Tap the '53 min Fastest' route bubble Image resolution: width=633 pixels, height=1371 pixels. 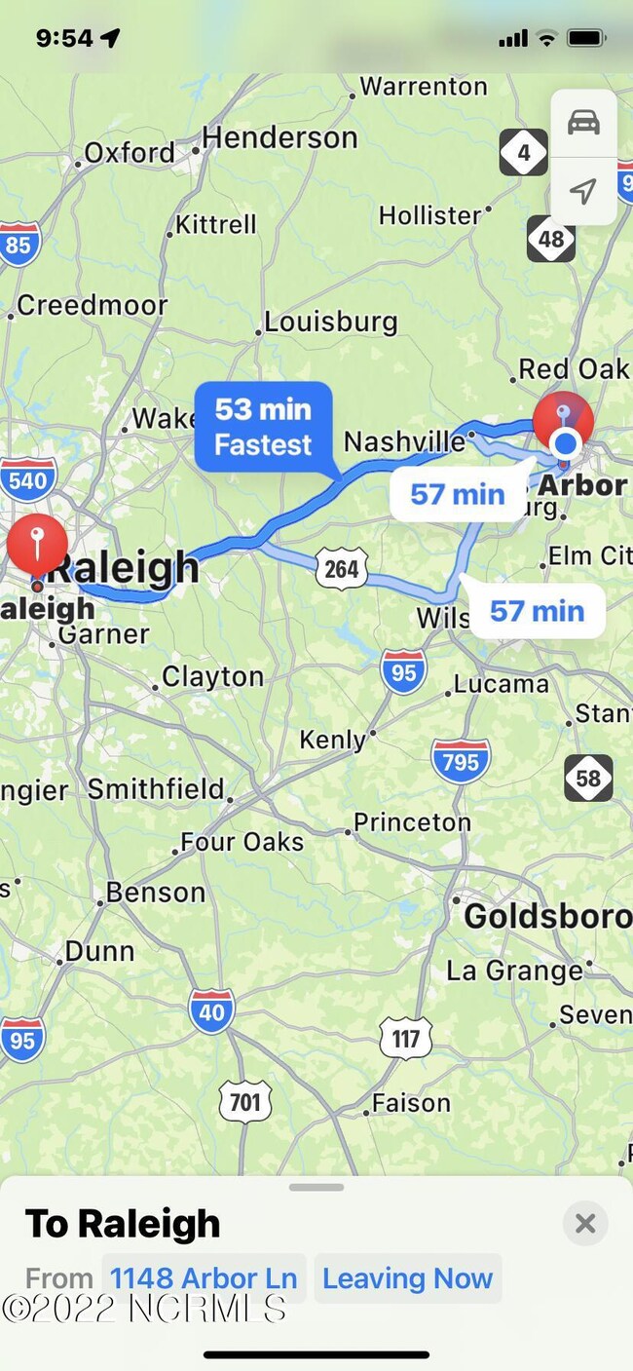click(x=264, y=427)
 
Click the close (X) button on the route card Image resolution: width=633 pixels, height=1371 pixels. click(x=585, y=1223)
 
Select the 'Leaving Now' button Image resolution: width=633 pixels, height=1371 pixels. click(x=407, y=1277)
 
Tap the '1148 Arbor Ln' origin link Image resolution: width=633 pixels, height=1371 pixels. click(x=204, y=1277)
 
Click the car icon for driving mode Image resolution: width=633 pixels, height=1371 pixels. click(x=583, y=123)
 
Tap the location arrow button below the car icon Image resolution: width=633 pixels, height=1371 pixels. click(x=583, y=190)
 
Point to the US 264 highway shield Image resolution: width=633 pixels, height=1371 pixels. click(x=342, y=568)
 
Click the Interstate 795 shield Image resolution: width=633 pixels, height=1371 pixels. click(x=461, y=761)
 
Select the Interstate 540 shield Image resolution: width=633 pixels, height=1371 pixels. click(x=27, y=479)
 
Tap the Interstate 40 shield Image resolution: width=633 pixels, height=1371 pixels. click(x=211, y=1011)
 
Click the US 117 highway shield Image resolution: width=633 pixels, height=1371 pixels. click(x=406, y=1040)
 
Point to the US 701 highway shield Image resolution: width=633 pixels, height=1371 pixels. click(x=245, y=1101)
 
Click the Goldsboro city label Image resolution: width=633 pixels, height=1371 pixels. click(x=547, y=916)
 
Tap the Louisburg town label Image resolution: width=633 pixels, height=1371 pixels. click(x=331, y=322)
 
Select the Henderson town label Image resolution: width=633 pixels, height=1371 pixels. click(x=280, y=138)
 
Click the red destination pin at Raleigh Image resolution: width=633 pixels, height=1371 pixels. click(x=37, y=547)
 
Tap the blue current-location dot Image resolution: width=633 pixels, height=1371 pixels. click(x=565, y=445)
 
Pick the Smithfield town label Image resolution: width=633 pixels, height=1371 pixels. click(x=157, y=788)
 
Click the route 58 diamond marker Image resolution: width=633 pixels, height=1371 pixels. click(x=588, y=778)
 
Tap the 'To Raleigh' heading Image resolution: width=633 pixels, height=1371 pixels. click(x=123, y=1224)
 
